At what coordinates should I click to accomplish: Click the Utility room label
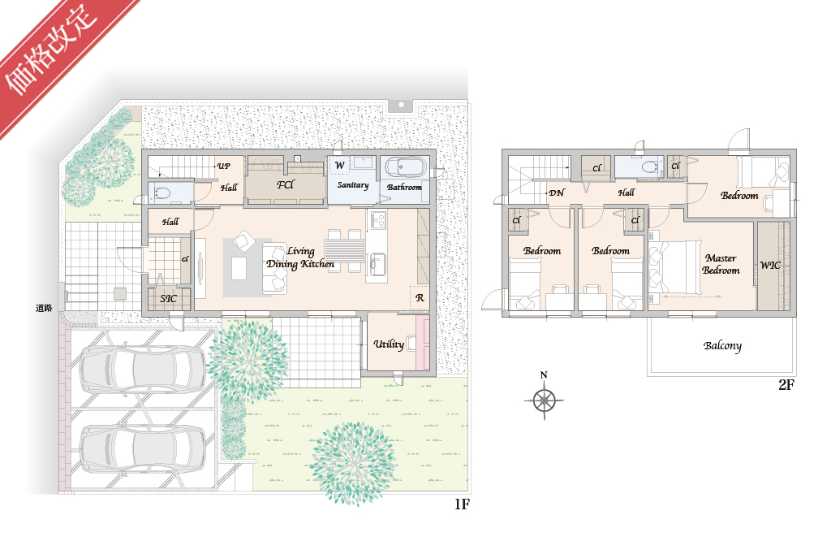(389, 344)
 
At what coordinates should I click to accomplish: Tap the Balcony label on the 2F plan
(722, 346)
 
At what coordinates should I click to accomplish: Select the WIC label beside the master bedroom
(770, 266)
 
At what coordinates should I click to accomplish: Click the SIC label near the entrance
(169, 298)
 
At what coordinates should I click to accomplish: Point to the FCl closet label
(285, 184)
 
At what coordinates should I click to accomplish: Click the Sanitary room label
(353, 185)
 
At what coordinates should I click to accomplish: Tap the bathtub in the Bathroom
(406, 167)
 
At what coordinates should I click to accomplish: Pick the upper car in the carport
(142, 370)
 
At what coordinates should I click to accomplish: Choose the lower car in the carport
(142, 449)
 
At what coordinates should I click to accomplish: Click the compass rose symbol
(545, 400)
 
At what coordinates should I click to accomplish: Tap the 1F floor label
(462, 504)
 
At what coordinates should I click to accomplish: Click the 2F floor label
(786, 385)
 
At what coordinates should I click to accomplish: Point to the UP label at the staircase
(224, 166)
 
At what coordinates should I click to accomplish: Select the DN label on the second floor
(557, 193)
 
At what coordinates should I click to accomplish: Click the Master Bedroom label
(721, 264)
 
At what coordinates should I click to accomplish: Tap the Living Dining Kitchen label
(300, 258)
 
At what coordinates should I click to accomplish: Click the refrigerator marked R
(420, 297)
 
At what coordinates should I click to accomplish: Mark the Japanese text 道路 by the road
(44, 308)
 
